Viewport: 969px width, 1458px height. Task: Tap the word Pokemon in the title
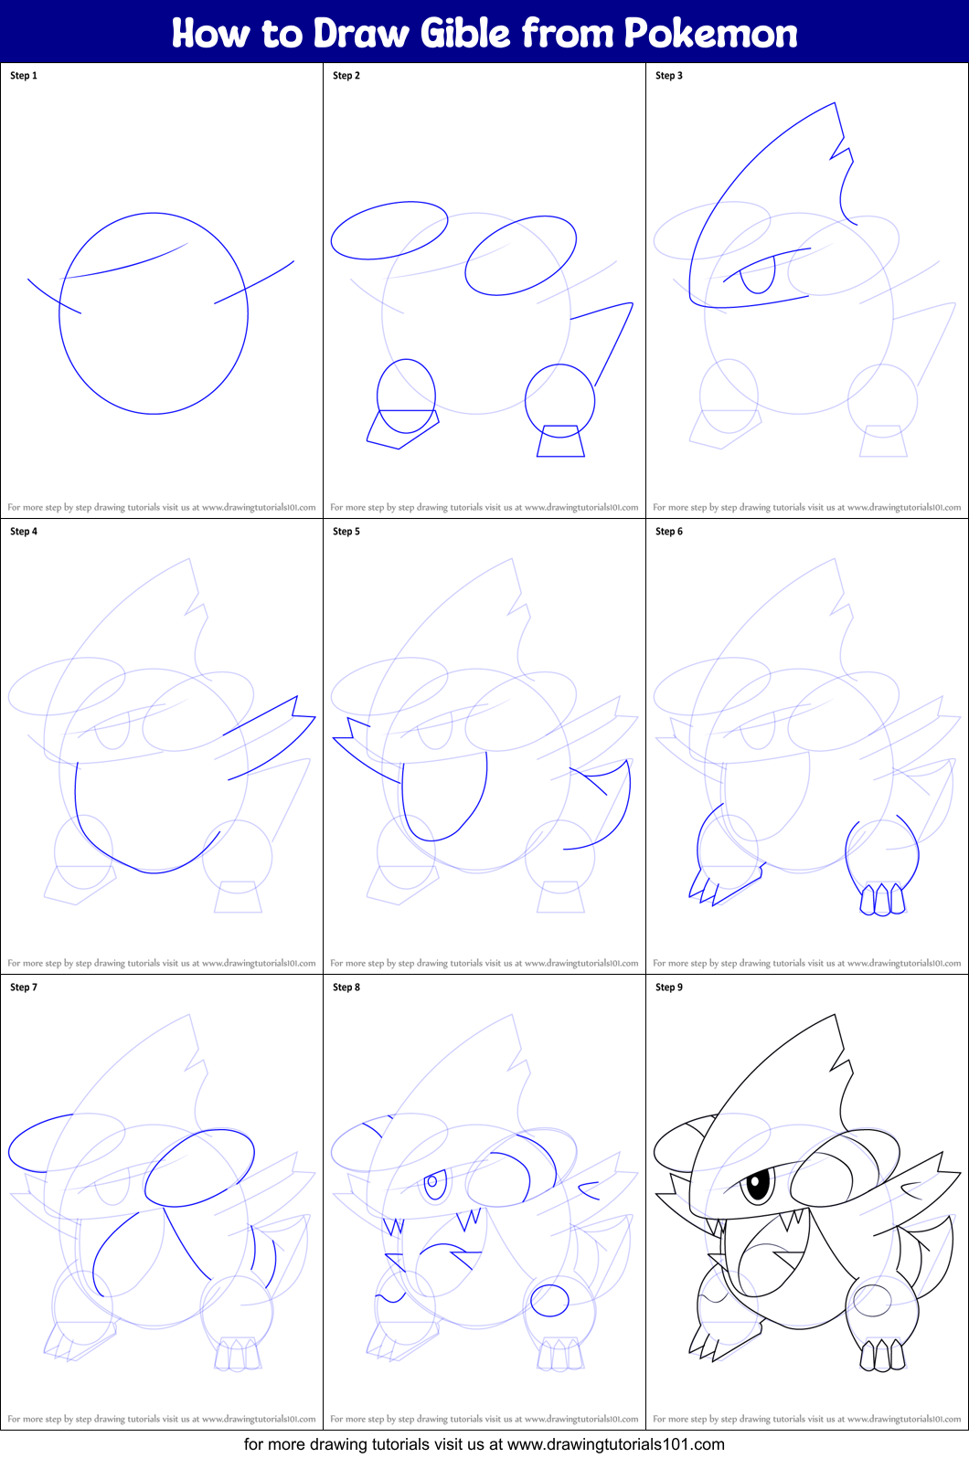point(710,33)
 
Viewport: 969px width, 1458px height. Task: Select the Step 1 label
point(24,76)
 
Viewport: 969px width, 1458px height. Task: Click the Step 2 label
point(346,76)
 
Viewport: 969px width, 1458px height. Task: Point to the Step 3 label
point(669,76)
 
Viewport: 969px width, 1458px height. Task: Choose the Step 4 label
point(24,531)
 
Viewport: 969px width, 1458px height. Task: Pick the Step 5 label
point(346,531)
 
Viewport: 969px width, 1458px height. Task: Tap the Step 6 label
point(669,531)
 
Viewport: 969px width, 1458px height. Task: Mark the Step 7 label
point(24,987)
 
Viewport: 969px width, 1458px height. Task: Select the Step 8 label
point(346,987)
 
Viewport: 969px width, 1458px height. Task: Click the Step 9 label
point(669,987)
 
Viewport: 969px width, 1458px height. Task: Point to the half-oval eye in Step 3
point(758,275)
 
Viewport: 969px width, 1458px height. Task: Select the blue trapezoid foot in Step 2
point(560,440)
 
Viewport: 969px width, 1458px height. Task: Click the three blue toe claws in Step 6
point(882,899)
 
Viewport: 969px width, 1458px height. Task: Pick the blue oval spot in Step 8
point(549,1300)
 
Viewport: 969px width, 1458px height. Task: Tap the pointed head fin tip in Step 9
point(835,1015)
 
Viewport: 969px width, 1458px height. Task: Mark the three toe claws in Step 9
point(882,1355)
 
